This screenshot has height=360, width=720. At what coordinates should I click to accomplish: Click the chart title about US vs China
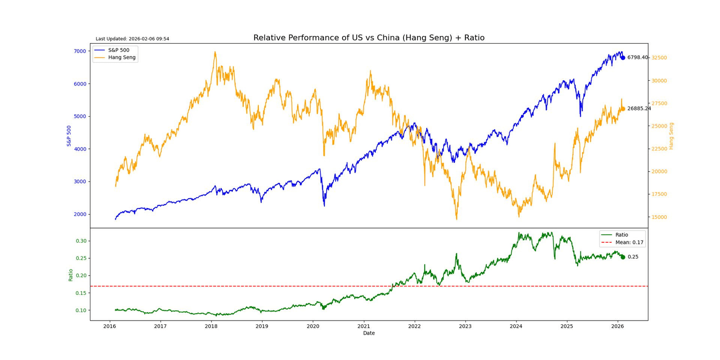368,38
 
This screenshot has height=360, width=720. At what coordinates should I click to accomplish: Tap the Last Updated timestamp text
132,39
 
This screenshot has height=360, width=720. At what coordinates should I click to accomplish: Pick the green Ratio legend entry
622,235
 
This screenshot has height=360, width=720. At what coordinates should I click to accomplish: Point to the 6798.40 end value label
637,58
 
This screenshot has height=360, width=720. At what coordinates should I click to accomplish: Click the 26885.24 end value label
639,109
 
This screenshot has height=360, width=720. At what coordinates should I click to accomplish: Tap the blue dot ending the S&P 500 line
622,58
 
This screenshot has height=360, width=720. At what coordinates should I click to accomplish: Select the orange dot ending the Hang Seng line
622,109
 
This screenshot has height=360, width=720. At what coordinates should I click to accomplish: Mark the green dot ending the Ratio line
622,257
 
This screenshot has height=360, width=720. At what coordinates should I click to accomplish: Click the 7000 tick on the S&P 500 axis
80,51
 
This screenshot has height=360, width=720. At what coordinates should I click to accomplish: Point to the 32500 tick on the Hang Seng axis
660,58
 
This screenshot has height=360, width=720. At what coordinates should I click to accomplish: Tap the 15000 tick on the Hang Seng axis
660,217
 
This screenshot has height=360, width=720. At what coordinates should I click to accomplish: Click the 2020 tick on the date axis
313,326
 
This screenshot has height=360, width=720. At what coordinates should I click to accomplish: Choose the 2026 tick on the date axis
617,326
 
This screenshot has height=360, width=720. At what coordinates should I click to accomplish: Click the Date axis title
369,333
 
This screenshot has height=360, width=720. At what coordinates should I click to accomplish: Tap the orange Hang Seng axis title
671,136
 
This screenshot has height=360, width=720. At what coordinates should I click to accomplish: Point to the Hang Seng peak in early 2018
215,52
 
